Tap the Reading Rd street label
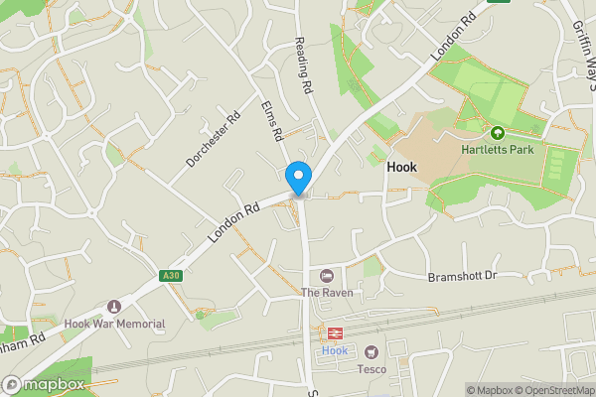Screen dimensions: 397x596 (304, 66)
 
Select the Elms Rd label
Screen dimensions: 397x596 (272, 121)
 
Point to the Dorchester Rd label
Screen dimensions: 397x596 (213, 139)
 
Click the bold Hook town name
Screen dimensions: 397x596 (401, 168)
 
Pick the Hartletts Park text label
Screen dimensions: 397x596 (498, 150)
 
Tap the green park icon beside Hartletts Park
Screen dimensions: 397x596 (498, 132)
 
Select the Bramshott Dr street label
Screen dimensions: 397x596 (461, 276)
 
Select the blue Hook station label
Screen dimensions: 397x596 (335, 350)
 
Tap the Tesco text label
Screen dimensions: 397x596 (372, 368)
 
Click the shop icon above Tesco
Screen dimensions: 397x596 (372, 351)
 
